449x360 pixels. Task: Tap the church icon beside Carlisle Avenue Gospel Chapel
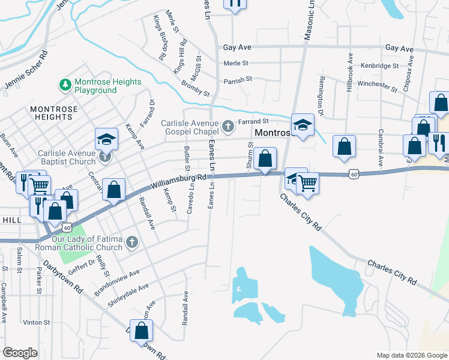click(228, 126)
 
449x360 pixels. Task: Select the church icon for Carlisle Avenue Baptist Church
click(106, 157)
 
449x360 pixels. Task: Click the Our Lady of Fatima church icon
click(133, 243)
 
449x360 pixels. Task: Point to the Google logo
click(20, 352)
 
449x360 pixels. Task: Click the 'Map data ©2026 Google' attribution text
click(412, 355)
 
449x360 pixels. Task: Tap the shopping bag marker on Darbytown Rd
click(141, 331)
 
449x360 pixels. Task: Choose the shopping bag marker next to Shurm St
click(265, 159)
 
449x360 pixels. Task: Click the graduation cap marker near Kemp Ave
click(106, 139)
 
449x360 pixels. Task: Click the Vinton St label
click(37, 322)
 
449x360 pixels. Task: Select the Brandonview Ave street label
click(116, 281)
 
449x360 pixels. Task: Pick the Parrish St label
click(237, 79)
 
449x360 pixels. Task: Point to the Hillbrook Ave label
click(349, 75)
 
